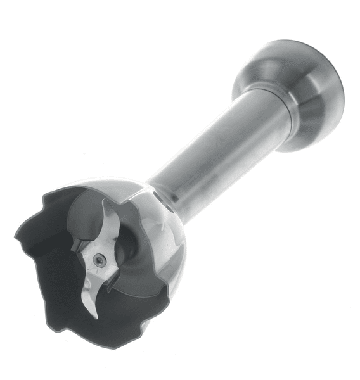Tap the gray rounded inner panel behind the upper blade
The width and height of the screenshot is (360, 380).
click(86, 215)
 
